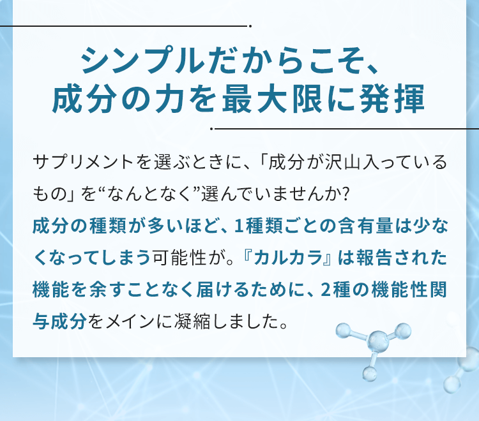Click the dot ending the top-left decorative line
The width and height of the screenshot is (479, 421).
(251, 26)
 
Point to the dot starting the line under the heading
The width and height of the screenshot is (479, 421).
(211, 128)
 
